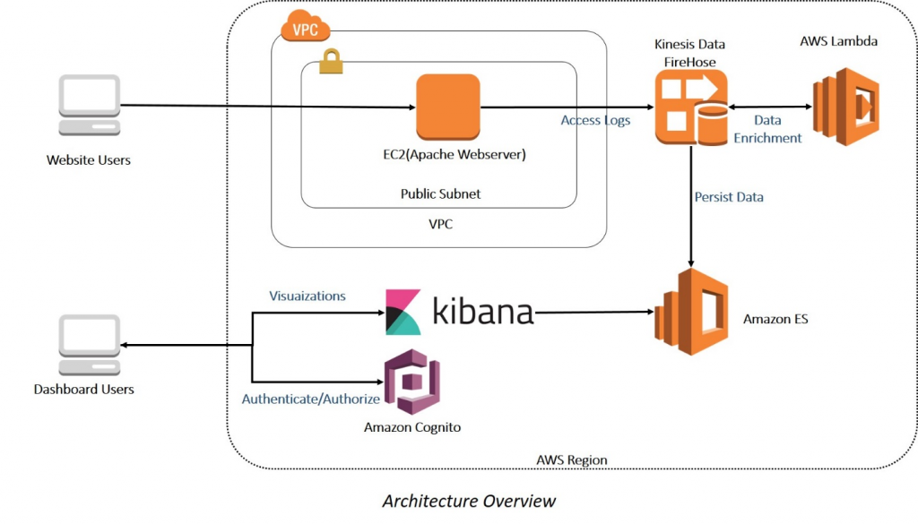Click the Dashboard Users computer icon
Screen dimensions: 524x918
tap(89, 344)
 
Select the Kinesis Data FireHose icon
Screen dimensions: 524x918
tap(690, 109)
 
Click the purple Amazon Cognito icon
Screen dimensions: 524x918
tap(411, 382)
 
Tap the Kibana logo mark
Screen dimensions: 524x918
tap(403, 312)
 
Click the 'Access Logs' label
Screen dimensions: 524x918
tap(595, 120)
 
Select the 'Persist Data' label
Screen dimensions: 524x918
tap(729, 196)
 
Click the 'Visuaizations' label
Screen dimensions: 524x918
tap(307, 296)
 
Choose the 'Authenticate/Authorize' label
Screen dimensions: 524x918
tap(310, 399)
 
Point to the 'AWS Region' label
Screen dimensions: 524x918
tap(571, 460)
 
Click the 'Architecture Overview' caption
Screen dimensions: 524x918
tap(469, 501)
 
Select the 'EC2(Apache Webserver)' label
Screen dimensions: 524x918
tap(448, 154)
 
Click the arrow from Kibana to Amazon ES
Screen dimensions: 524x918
tap(592, 312)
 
